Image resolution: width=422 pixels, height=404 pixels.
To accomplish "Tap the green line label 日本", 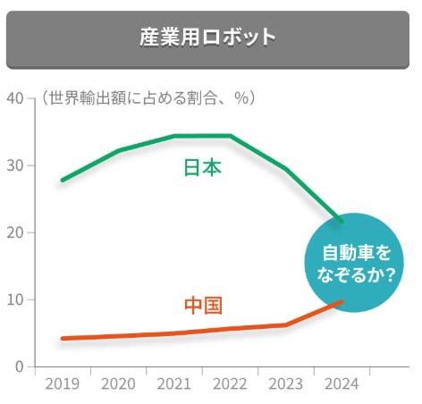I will click(202, 168).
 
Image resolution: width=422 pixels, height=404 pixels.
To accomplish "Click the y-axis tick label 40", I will click(14, 97).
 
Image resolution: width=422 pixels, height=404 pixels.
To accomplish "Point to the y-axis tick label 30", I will click(14, 165).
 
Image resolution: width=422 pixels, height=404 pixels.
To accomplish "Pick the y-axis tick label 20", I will click(14, 232).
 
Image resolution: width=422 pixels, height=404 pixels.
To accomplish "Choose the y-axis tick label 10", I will click(14, 299).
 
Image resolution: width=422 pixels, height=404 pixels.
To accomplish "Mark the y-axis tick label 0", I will click(18, 366).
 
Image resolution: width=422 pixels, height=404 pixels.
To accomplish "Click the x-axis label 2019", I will click(62, 385).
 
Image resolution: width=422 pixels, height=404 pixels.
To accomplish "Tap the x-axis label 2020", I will click(118, 385).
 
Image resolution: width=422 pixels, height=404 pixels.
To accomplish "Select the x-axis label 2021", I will click(173, 385).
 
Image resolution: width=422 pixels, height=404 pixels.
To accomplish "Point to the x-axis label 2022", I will click(230, 385).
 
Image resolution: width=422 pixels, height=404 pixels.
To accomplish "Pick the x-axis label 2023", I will click(286, 385).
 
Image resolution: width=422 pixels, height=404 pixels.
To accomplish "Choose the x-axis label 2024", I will click(341, 385).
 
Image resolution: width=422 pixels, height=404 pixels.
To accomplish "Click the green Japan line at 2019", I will click(62, 181).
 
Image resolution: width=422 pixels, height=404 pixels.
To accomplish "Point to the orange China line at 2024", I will click(341, 301).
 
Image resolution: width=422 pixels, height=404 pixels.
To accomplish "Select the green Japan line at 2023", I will click(286, 169).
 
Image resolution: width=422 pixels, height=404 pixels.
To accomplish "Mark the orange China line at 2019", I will click(62, 339).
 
